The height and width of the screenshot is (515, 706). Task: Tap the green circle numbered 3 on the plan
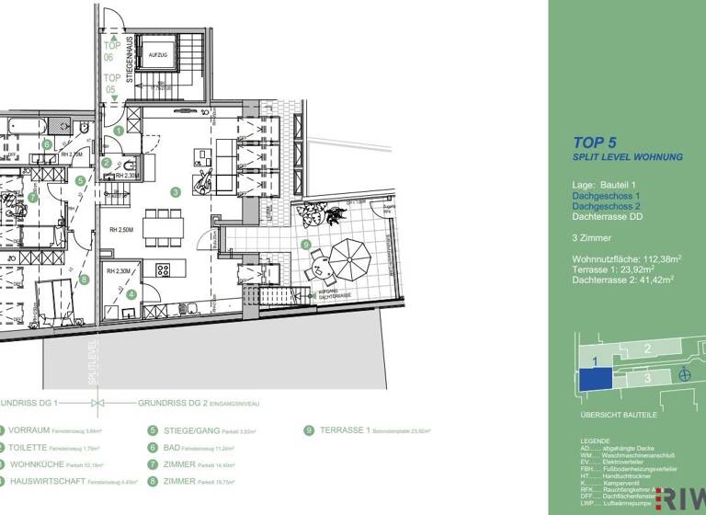click(174, 192)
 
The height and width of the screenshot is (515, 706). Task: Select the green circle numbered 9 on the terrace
click(305, 245)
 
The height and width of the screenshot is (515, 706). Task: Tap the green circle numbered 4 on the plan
click(131, 294)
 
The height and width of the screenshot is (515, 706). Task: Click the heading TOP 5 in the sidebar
click(595, 143)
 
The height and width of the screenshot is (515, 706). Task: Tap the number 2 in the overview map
click(647, 348)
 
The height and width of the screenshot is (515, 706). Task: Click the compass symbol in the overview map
click(682, 374)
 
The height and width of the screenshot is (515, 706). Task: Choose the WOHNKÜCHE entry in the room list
click(40, 463)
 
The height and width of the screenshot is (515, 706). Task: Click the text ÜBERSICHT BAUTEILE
click(619, 416)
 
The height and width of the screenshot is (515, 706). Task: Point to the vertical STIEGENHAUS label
click(131, 60)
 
